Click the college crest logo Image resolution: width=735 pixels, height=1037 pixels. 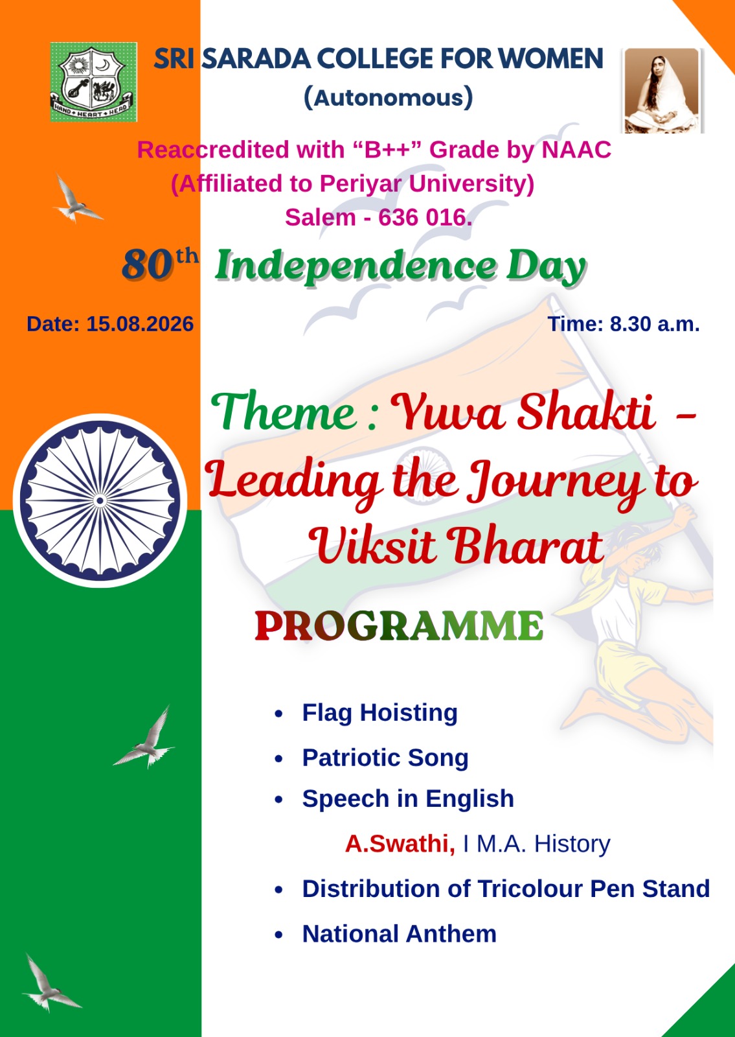point(93,82)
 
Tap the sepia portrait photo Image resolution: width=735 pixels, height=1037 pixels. point(662,90)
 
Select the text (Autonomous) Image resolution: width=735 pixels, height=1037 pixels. point(388,97)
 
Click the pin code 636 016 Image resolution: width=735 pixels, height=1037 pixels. point(425,217)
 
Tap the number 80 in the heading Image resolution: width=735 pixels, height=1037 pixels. point(147,264)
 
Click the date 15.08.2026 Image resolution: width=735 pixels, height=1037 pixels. point(140,323)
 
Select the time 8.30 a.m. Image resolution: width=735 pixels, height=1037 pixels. point(655,323)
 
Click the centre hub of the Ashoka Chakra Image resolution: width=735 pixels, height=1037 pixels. point(100,500)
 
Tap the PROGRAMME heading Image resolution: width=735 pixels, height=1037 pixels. point(399,625)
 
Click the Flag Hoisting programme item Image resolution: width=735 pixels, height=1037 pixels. point(379,712)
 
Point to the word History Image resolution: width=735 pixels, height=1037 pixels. point(572,843)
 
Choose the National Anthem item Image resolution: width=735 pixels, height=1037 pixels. point(399,934)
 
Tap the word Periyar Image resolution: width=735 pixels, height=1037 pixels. point(360,184)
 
